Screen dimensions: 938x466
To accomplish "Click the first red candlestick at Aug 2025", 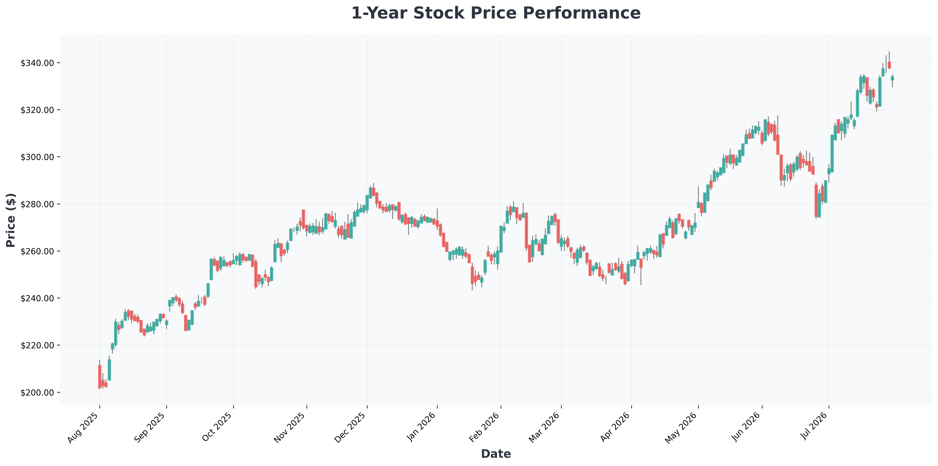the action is coord(100,376).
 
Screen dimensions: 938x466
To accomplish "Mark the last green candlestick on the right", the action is coord(892,78).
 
